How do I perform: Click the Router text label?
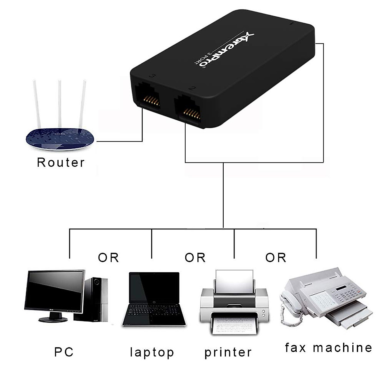tap(61, 162)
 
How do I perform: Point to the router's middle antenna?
tap(60, 102)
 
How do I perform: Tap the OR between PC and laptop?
tap(108, 257)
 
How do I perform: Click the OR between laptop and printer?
tap(195, 257)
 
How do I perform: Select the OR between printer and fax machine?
tap(276, 257)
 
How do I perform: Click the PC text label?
tap(64, 352)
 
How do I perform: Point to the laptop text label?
tap(152, 352)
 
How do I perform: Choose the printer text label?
tap(228, 352)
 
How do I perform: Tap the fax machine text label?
tap(329, 348)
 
